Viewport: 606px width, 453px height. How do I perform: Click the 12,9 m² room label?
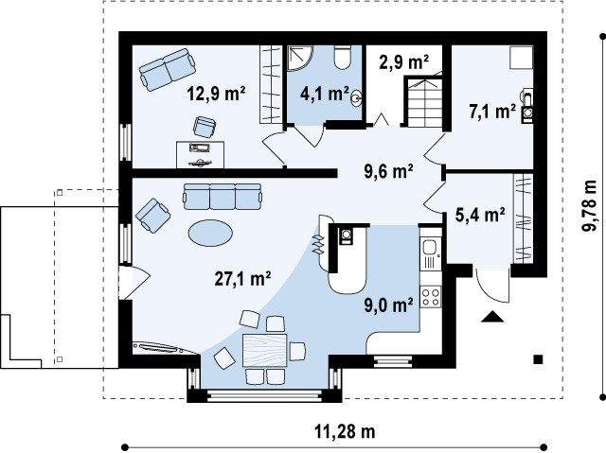tap(216, 94)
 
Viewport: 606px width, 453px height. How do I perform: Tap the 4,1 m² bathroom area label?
tap(325, 93)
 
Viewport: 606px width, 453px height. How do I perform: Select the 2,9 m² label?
tap(404, 61)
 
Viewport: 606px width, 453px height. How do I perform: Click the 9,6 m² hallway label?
tap(389, 171)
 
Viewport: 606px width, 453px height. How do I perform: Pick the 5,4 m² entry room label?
tap(480, 215)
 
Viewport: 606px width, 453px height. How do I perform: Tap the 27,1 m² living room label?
tap(242, 279)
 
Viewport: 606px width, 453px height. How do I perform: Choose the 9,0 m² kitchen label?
tap(388, 305)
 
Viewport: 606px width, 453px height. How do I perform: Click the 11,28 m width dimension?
tap(345, 431)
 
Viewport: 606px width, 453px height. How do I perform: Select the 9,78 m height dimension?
tap(589, 206)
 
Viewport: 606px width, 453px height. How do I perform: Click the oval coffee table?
tap(210, 233)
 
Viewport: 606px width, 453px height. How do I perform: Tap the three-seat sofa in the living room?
tap(222, 197)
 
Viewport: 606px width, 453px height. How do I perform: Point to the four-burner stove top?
tap(431, 296)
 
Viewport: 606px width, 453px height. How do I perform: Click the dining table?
tap(265, 350)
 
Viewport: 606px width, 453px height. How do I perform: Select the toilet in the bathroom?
tap(342, 57)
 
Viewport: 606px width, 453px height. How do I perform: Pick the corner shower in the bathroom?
tap(299, 58)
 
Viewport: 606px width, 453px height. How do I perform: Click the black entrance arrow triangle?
tap(492, 316)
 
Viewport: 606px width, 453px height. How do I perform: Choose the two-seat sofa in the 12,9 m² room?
tap(167, 69)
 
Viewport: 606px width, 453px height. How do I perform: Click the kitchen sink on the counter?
tap(430, 248)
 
